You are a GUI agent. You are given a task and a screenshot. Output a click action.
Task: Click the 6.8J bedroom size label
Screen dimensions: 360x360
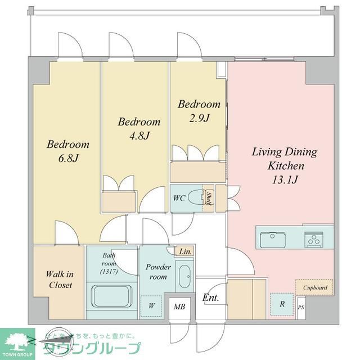tap(67, 158)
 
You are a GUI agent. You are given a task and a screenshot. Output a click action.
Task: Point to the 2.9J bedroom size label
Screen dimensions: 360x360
tap(199, 118)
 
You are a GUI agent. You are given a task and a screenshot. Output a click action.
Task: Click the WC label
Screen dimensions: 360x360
tap(179, 198)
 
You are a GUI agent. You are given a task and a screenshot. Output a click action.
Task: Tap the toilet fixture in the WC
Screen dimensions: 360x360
tap(196, 198)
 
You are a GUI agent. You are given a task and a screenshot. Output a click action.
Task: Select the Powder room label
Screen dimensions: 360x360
tap(156, 272)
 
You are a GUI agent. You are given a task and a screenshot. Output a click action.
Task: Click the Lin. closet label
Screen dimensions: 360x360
tap(186, 252)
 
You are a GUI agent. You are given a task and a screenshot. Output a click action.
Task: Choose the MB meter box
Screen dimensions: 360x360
tap(179, 307)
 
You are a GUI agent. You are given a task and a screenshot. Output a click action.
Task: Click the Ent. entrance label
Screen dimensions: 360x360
tap(210, 298)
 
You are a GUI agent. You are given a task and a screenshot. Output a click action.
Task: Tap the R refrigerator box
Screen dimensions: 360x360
tap(281, 304)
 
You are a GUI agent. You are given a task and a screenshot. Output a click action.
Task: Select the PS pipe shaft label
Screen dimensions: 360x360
tap(301, 308)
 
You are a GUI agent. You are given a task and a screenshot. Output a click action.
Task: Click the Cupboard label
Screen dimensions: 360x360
tap(315, 287)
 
